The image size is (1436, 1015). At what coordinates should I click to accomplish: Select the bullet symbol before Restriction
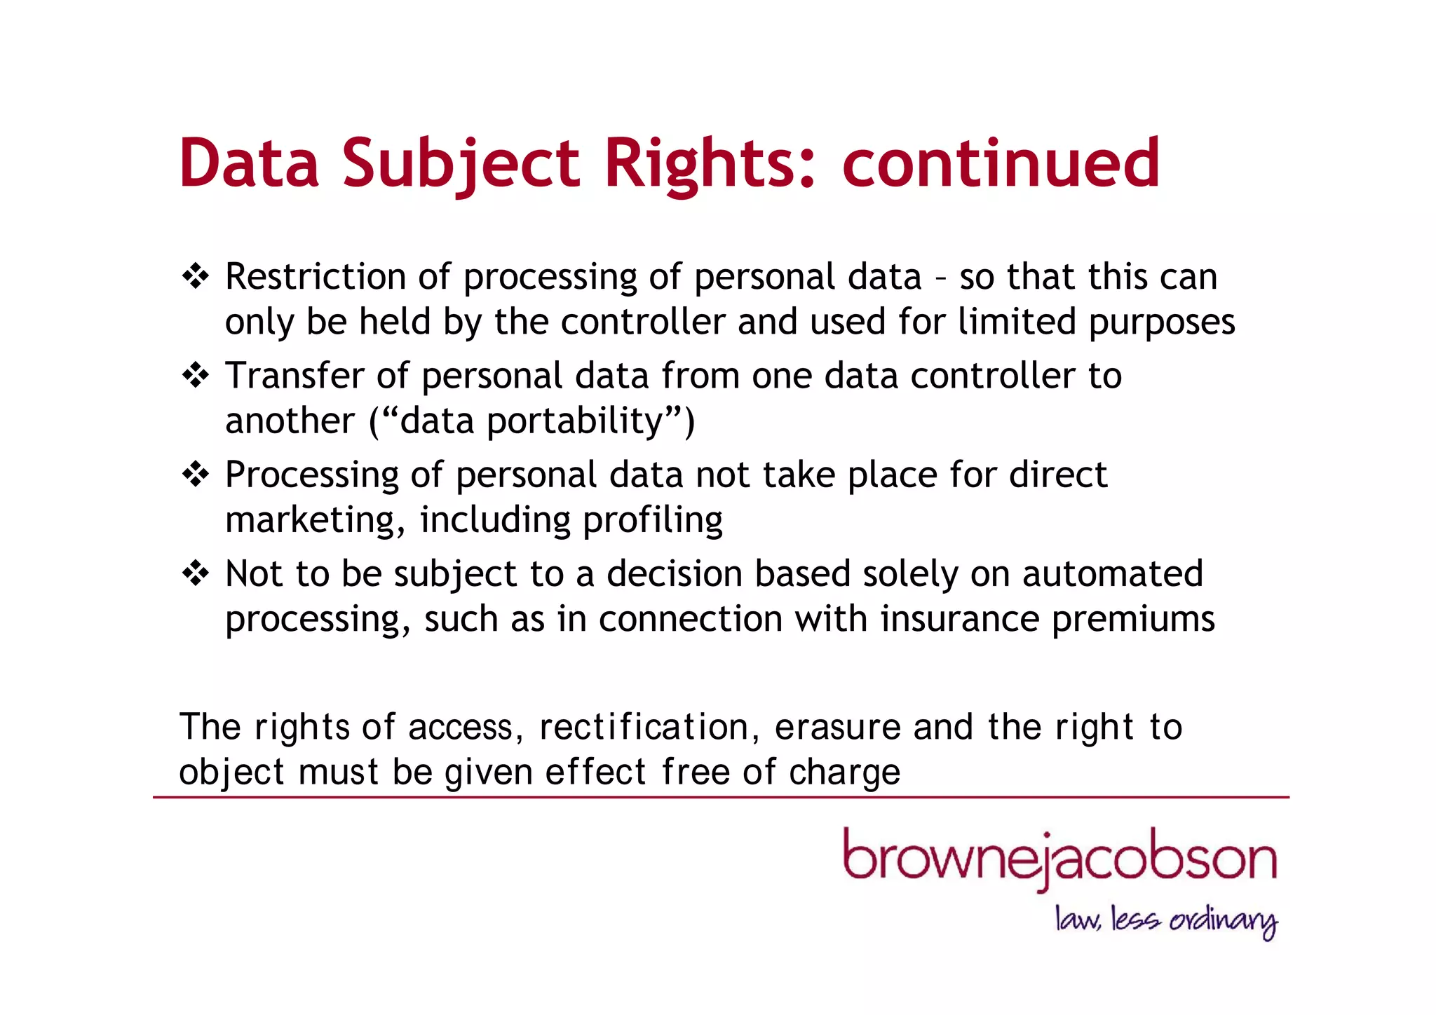pos(195,276)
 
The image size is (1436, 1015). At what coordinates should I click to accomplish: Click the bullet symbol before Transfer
pos(195,376)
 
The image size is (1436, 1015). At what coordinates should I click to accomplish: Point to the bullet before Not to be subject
pos(195,574)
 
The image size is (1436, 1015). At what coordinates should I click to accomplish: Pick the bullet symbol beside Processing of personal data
pos(195,475)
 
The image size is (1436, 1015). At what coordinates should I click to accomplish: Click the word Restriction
pos(315,276)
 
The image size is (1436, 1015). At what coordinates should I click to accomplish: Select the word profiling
pos(652,521)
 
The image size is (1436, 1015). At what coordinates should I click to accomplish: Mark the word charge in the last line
pos(844,773)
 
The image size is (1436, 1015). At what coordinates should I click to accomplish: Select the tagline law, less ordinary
pos(1166,920)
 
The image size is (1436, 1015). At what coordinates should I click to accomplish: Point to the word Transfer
pos(294,376)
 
